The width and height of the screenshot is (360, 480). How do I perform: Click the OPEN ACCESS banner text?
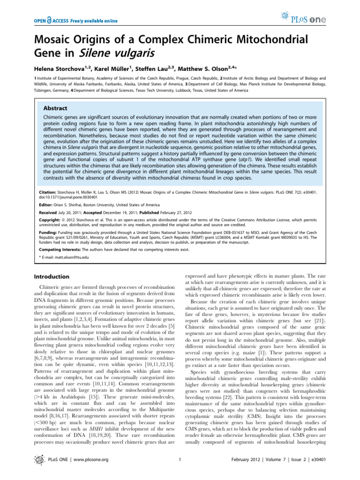click(75, 21)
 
